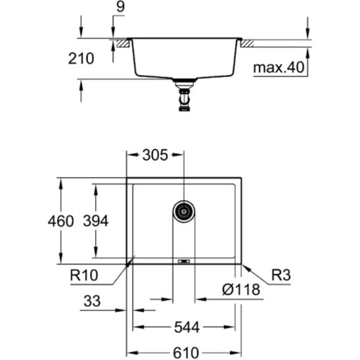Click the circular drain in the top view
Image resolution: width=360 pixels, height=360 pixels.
click(184, 212)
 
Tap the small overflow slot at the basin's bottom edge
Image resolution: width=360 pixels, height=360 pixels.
click(184, 261)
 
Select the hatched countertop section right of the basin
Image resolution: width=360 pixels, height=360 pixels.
click(248, 43)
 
